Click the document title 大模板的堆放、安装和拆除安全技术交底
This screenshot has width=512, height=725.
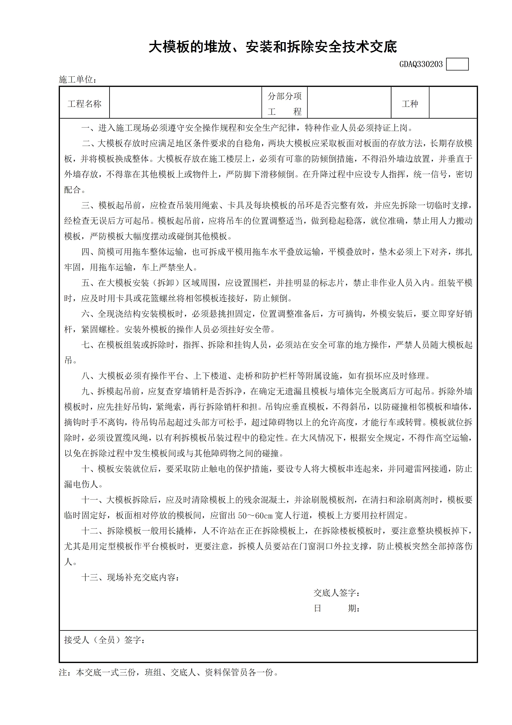[x=273, y=47]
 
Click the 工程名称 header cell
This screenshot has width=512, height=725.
[x=85, y=104]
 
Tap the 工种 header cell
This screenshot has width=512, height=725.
[x=410, y=104]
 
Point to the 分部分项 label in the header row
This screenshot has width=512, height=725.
[x=284, y=96]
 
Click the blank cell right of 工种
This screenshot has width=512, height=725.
[x=453, y=103]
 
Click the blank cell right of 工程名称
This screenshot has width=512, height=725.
[x=185, y=103]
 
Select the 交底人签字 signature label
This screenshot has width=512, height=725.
[x=337, y=593]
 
